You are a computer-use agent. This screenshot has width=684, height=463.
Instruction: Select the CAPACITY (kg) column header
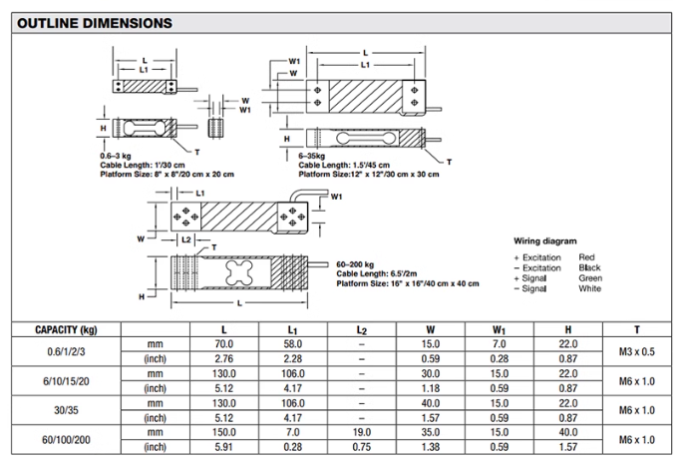(x=65, y=328)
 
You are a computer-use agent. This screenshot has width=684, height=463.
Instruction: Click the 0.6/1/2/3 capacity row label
(x=65, y=350)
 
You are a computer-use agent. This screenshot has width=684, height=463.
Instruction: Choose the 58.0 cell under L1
(x=292, y=343)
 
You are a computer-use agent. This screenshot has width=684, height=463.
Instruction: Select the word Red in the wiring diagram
(x=586, y=257)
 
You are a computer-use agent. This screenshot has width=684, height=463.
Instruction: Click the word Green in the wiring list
(x=590, y=277)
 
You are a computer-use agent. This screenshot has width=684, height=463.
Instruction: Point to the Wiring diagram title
(x=546, y=241)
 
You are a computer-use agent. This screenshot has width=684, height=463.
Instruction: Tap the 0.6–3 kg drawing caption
(x=119, y=158)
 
